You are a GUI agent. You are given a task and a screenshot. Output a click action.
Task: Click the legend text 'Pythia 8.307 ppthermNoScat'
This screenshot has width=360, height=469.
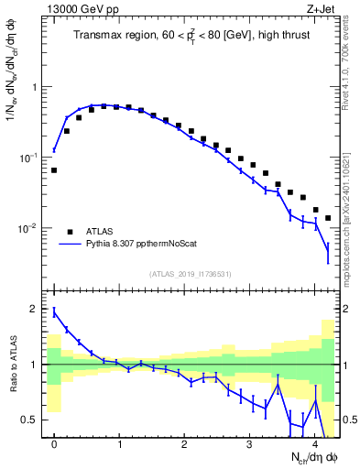[x=144, y=245]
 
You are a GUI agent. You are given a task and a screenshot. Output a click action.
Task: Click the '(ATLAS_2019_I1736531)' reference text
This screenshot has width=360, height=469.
[x=190, y=274]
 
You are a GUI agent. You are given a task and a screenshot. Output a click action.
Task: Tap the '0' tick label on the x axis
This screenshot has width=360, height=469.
[x=54, y=443]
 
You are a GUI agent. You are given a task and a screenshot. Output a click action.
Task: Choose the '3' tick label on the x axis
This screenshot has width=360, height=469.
[x=250, y=443]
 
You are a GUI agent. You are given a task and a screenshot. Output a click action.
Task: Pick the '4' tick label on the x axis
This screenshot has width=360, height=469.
[x=315, y=443]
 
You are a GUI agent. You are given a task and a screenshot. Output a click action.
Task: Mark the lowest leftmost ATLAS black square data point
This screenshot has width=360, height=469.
[x=54, y=170]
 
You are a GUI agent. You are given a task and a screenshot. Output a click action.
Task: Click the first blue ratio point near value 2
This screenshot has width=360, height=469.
[x=54, y=311]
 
